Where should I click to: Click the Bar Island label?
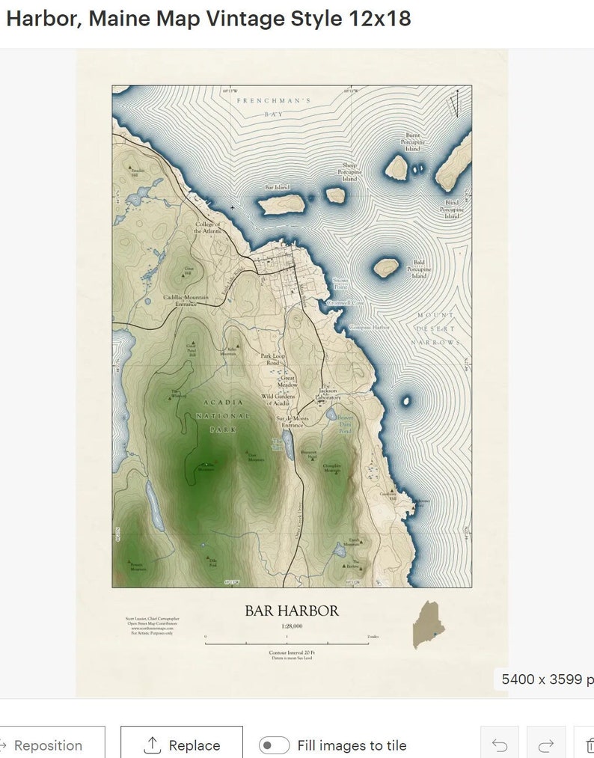277,188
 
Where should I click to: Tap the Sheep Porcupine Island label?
349,172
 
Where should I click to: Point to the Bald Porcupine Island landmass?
386,267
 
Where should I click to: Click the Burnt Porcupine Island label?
412,142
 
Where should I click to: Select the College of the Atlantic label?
207,227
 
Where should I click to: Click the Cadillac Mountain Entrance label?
186,301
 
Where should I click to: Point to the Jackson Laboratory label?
328,394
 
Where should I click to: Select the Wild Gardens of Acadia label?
278,399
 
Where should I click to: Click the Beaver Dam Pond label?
345,424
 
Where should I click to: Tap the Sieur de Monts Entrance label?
292,422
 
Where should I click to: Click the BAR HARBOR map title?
292,611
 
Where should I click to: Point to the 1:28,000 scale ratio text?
292,626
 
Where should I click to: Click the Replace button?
182,745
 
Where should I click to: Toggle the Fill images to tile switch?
275,745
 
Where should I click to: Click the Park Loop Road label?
273,359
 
